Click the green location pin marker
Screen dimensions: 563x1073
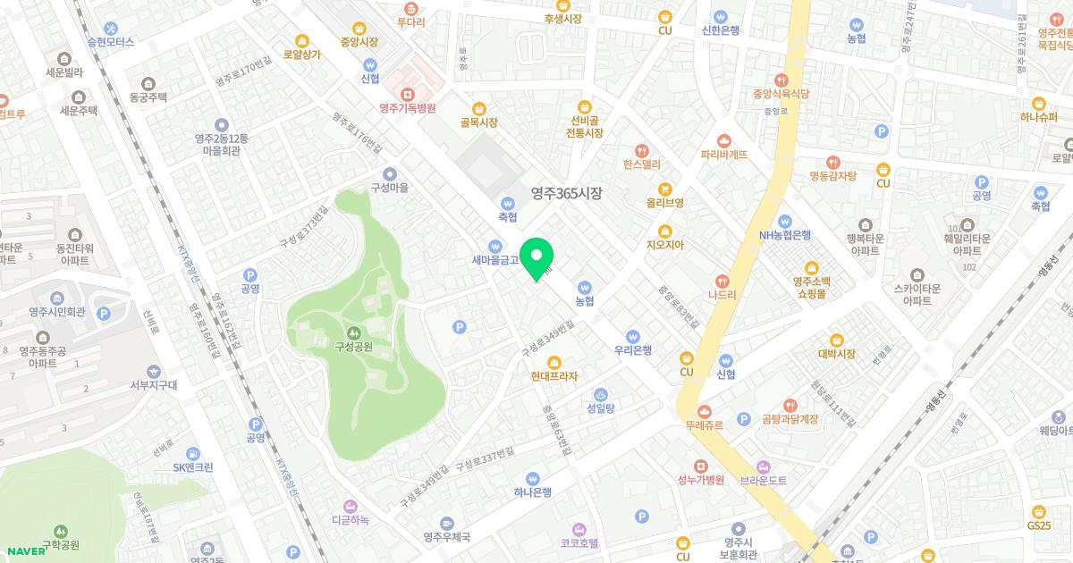click(x=536, y=259)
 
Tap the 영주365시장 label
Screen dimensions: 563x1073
click(x=567, y=192)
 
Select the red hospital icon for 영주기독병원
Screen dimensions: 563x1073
click(x=408, y=93)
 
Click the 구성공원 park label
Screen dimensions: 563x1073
click(x=353, y=347)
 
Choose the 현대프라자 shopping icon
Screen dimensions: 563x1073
click(x=554, y=361)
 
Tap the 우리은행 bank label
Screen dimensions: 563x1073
click(x=633, y=350)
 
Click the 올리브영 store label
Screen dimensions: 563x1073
click(x=665, y=203)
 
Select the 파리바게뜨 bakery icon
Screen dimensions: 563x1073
click(x=724, y=139)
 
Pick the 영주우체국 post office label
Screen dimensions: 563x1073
click(x=447, y=537)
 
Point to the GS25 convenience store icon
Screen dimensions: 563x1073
click(x=1038, y=511)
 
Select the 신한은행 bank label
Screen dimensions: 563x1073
click(x=716, y=29)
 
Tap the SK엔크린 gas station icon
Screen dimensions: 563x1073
click(x=193, y=451)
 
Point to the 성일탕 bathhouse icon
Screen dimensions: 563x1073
click(x=601, y=393)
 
